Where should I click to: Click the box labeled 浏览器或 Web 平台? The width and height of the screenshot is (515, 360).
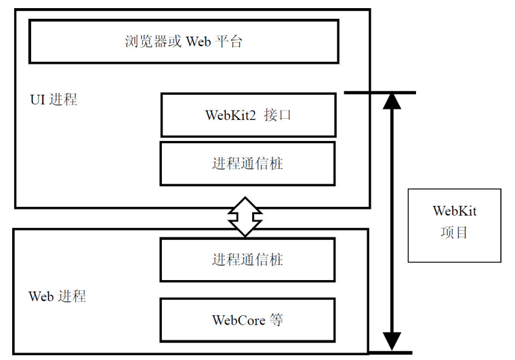pyautogui.click(x=184, y=41)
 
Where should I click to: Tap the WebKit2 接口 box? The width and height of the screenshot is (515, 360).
pyautogui.click(x=248, y=115)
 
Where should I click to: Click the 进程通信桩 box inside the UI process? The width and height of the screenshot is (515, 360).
pyautogui.click(x=247, y=163)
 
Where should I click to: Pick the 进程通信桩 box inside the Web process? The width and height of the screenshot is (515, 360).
pyautogui.click(x=247, y=260)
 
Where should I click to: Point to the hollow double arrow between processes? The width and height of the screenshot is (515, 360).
pyautogui.click(x=245, y=218)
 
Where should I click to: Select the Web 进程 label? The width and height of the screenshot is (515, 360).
pyautogui.click(x=57, y=296)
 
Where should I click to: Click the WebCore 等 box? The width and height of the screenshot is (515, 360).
pyautogui.click(x=247, y=319)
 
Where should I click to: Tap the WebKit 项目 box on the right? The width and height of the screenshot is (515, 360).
pyautogui.click(x=454, y=225)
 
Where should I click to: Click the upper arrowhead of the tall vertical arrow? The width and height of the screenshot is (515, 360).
pyautogui.click(x=392, y=102)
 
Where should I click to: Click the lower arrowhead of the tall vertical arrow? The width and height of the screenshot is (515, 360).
pyautogui.click(x=392, y=341)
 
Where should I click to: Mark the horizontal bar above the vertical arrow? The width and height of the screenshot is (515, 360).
pyautogui.click(x=379, y=92)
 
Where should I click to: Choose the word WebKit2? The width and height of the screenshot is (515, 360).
pyautogui.click(x=230, y=115)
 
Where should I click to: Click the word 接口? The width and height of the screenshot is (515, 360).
pyautogui.click(x=279, y=115)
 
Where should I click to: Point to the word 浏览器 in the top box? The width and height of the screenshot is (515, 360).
pyautogui.click(x=141, y=41)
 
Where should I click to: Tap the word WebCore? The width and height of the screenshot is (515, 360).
pyautogui.click(x=237, y=319)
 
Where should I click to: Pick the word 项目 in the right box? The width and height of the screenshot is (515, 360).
pyautogui.click(x=454, y=233)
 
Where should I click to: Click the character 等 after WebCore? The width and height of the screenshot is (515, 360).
pyautogui.click(x=276, y=319)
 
